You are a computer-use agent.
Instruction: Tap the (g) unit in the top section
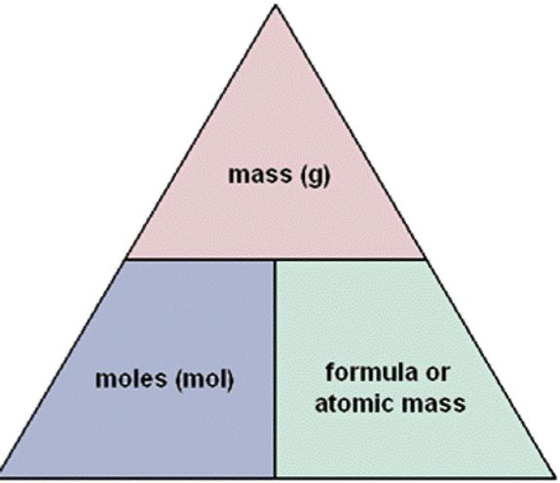pyautogui.click(x=315, y=176)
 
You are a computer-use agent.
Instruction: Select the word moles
pyautogui.click(x=131, y=379)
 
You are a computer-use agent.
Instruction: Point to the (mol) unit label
pyautogui.click(x=205, y=380)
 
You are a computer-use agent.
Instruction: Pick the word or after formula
pyautogui.click(x=437, y=375)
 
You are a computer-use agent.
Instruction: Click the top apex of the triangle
pyautogui.click(x=276, y=5)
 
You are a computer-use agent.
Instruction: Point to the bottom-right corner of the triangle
pyautogui.click(x=555, y=477)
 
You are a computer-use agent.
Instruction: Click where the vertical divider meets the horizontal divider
pyautogui.click(x=275, y=259)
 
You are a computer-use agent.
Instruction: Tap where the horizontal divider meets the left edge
pyautogui.click(x=126, y=259)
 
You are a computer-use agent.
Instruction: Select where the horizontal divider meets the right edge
pyautogui.click(x=426, y=259)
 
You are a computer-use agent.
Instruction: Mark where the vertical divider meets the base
pyautogui.click(x=275, y=477)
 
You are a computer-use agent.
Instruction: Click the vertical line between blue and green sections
pyautogui.click(x=275, y=368)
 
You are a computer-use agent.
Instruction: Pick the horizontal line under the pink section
pyautogui.click(x=276, y=259)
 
